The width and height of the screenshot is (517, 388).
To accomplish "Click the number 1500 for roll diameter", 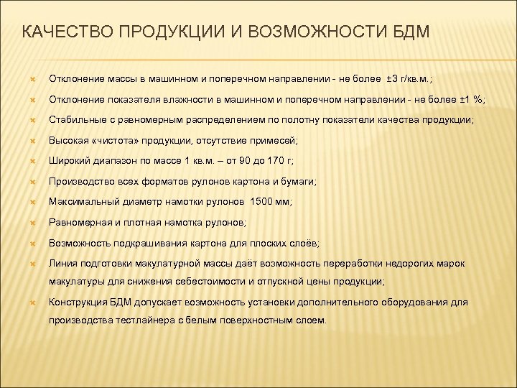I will point(261,203).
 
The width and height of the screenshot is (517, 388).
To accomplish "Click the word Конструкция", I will point(76,302).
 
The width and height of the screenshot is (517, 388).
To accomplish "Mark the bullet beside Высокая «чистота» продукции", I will point(32,141).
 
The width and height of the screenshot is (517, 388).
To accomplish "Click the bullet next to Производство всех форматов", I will point(32,183).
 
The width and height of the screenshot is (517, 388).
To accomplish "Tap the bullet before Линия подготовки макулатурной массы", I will point(32,265).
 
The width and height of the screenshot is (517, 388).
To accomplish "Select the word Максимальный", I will point(81,203).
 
